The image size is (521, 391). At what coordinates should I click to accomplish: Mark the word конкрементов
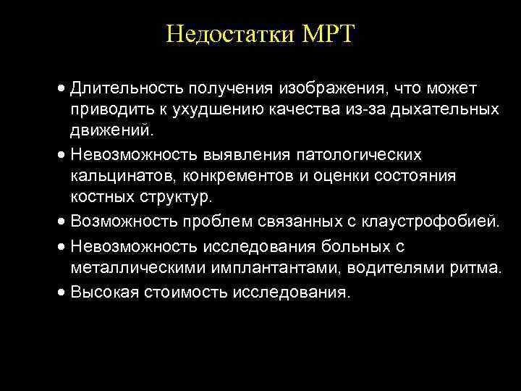243,177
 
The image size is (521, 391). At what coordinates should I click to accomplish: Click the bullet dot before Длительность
64,89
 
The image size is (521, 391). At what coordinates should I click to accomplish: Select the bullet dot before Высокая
64,293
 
